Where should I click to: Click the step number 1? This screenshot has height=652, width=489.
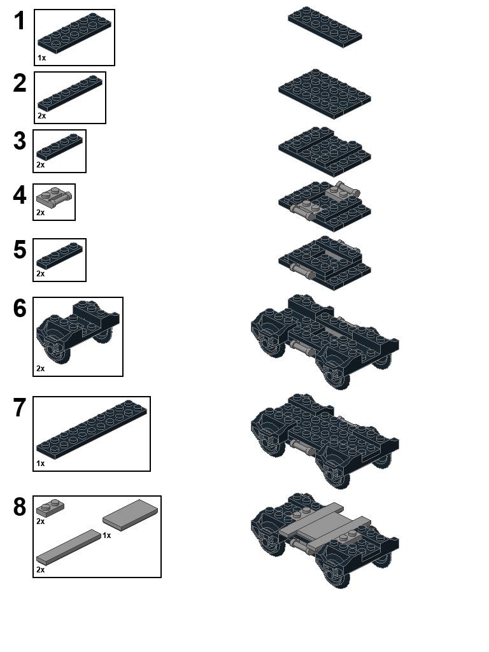(x=20, y=21)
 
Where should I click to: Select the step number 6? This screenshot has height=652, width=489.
(x=20, y=308)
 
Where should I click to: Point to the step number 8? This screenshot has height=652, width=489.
(x=20, y=507)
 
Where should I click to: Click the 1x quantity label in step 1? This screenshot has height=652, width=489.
(x=41, y=58)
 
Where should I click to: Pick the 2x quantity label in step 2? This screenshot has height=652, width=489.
(x=41, y=116)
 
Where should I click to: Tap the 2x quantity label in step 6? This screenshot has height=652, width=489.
(x=40, y=369)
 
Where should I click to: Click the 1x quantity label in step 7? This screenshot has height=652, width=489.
(x=40, y=464)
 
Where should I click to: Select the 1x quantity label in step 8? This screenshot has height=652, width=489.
(x=107, y=535)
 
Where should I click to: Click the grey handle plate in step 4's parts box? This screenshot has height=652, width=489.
(x=54, y=197)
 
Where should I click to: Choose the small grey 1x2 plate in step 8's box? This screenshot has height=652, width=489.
(x=50, y=507)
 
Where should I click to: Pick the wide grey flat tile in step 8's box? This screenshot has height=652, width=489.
(x=130, y=514)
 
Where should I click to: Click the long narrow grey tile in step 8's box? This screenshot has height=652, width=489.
(x=69, y=547)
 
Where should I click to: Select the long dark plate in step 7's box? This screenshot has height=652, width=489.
(x=92, y=430)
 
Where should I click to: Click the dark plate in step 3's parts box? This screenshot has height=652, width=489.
(x=59, y=147)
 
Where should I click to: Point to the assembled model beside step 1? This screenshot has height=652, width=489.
(x=325, y=27)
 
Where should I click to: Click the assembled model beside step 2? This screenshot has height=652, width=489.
(x=325, y=94)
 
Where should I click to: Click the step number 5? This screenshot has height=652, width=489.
(x=20, y=250)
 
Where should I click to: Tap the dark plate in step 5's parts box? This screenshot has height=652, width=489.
(x=59, y=256)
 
